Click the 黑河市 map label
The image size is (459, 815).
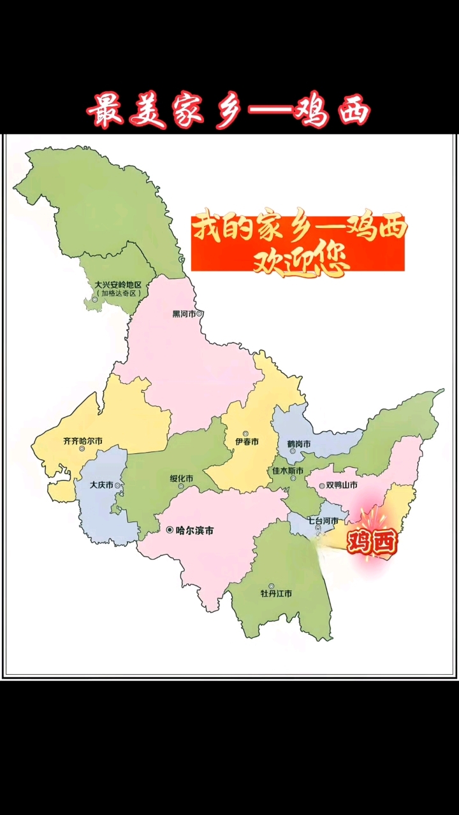tap(184, 314)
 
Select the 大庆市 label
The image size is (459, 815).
tap(101, 485)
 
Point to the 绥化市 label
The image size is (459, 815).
tap(182, 479)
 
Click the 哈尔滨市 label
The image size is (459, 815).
tap(194, 530)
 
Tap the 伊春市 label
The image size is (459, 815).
tap(246, 442)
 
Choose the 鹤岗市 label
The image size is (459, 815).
tap(298, 444)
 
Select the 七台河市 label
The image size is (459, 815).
tap(323, 520)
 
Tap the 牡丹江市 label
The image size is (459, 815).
tap(276, 593)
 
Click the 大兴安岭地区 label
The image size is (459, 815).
tap(118, 285)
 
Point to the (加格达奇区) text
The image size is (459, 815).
tap(119, 294)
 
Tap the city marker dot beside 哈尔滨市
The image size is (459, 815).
tap(169, 530)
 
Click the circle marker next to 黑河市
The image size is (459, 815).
tap(200, 314)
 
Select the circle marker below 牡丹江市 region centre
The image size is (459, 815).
tap(272, 586)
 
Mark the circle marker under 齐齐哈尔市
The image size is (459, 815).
tap(82, 448)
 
